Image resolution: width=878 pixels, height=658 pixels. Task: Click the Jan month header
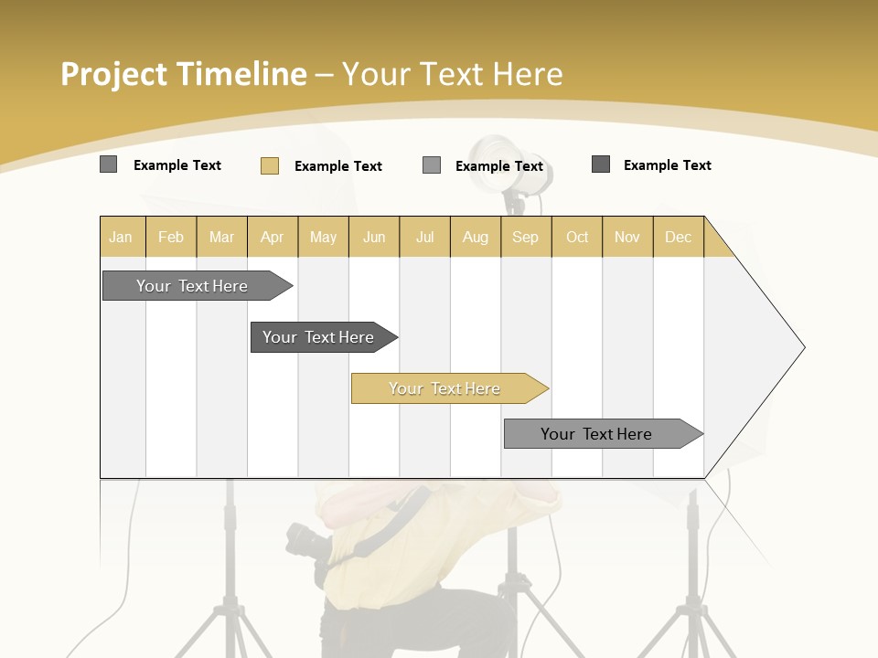121,237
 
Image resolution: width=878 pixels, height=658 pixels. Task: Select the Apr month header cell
272,237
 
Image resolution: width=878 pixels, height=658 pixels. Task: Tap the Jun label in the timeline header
374,237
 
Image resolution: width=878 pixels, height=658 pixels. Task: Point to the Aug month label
475,237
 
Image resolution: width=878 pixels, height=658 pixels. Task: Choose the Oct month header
577,237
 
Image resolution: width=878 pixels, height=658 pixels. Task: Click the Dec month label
678,237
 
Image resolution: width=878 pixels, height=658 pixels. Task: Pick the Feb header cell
171,237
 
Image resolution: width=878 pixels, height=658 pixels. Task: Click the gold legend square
269,165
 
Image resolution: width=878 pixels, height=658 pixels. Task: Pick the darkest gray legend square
601,164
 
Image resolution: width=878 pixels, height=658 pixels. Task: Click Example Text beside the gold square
337,165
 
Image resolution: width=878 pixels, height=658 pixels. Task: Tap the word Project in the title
114,74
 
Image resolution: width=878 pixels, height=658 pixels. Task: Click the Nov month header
627,237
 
